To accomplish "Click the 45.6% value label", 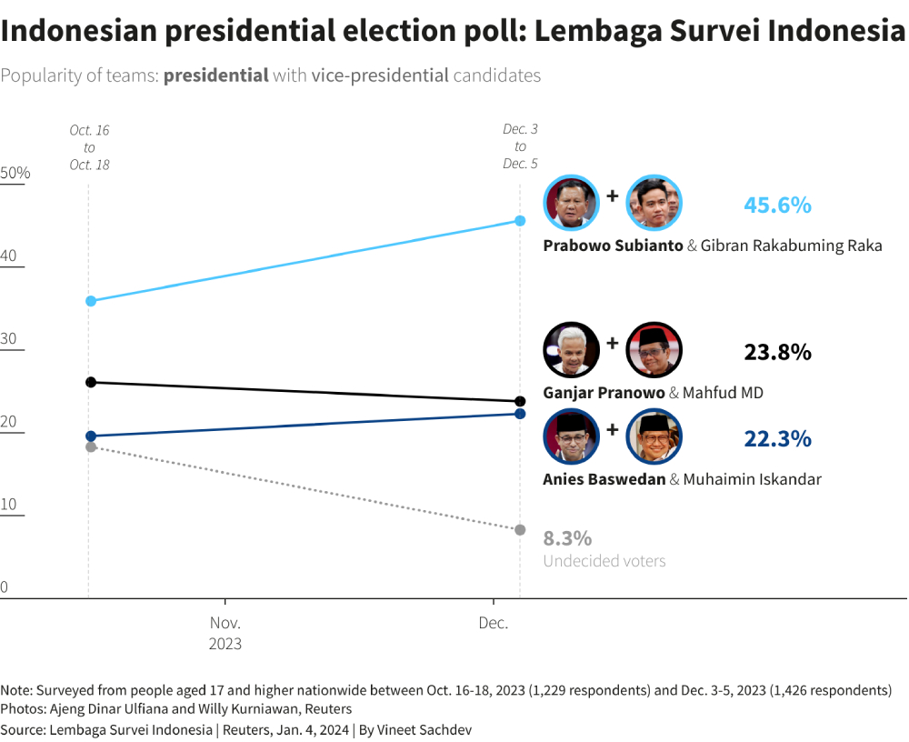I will click(x=777, y=206).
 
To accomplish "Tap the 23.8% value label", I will click(x=777, y=352).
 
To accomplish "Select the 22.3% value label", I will click(x=777, y=439).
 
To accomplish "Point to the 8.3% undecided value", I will click(x=567, y=537).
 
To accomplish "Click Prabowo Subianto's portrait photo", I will click(x=571, y=202).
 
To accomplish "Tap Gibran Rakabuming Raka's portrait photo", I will click(x=654, y=202).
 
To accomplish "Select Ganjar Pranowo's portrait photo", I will click(x=571, y=349).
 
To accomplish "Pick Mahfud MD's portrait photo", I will click(x=654, y=349).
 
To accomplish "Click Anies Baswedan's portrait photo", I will click(x=571, y=436).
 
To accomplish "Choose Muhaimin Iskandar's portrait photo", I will click(x=654, y=436).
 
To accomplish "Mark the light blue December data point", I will click(x=520, y=221).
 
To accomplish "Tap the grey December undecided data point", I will click(x=520, y=530).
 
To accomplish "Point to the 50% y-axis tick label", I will click(x=15, y=173).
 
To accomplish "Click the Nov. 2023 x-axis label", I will click(x=225, y=633).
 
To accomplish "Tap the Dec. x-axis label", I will click(x=493, y=624).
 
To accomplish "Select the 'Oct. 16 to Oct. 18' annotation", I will click(x=89, y=147).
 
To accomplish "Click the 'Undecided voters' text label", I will click(x=604, y=561).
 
